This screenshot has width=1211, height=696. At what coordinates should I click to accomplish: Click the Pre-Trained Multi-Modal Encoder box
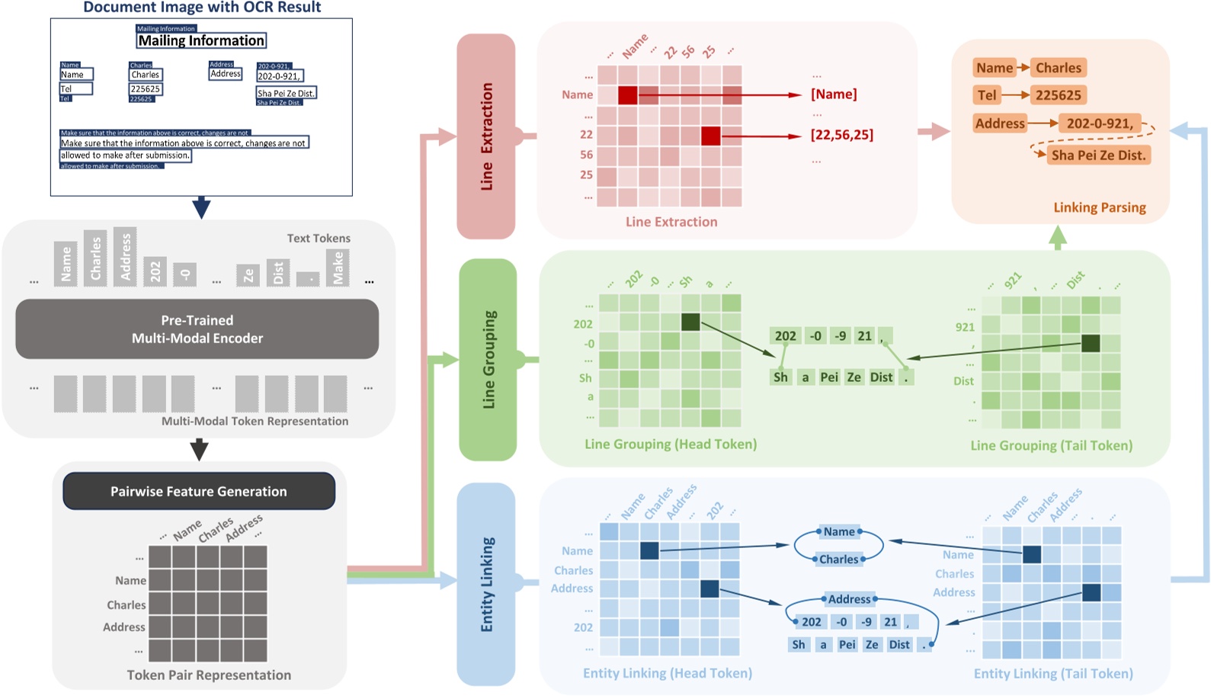pos(197,329)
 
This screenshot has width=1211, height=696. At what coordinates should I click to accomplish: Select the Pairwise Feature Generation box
pos(198,492)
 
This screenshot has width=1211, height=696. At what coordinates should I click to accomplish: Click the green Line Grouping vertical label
pos(488,359)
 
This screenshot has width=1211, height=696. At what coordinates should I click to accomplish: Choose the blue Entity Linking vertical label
pos(486,584)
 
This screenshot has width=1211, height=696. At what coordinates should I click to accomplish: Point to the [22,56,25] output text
pos(841,135)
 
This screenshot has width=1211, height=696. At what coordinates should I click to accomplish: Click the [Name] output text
pos(833,95)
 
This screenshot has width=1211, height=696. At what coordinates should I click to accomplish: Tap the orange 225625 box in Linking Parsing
pos(1058,95)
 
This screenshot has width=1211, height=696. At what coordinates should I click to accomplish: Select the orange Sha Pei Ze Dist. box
pos(1098,156)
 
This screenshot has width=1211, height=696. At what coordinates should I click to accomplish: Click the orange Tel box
pos(987,95)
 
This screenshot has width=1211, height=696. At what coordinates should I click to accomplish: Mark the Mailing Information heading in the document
pos(201,40)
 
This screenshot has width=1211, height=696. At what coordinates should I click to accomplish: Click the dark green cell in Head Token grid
pos(690,322)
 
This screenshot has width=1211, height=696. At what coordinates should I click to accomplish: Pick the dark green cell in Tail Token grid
pos(1091,344)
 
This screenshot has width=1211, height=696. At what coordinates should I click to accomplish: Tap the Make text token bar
pos(338,268)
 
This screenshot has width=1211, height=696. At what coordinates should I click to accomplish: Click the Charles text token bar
pos(95,258)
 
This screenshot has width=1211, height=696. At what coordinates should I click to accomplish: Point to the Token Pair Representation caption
pos(209,675)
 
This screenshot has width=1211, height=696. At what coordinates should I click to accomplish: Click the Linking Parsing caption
pos(1099,207)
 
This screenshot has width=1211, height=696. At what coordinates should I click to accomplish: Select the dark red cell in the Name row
pos(627,95)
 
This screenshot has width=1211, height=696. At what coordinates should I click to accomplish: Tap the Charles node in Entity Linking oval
pos(838,560)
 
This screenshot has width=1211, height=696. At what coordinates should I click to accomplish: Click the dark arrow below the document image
pos(201,207)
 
